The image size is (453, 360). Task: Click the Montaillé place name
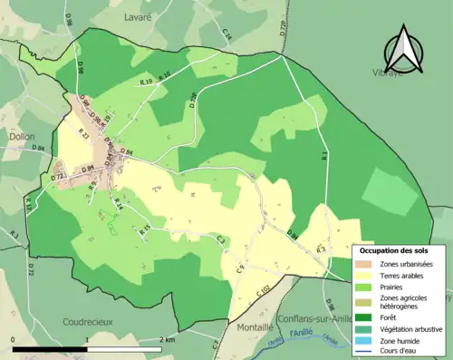click(251, 327)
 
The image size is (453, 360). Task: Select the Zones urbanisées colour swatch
click(367, 263)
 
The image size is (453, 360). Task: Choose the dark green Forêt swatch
click(367, 317)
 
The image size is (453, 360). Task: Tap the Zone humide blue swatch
click(367, 339)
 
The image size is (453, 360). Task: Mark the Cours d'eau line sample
click(367, 350)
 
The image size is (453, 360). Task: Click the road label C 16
click(227, 35)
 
